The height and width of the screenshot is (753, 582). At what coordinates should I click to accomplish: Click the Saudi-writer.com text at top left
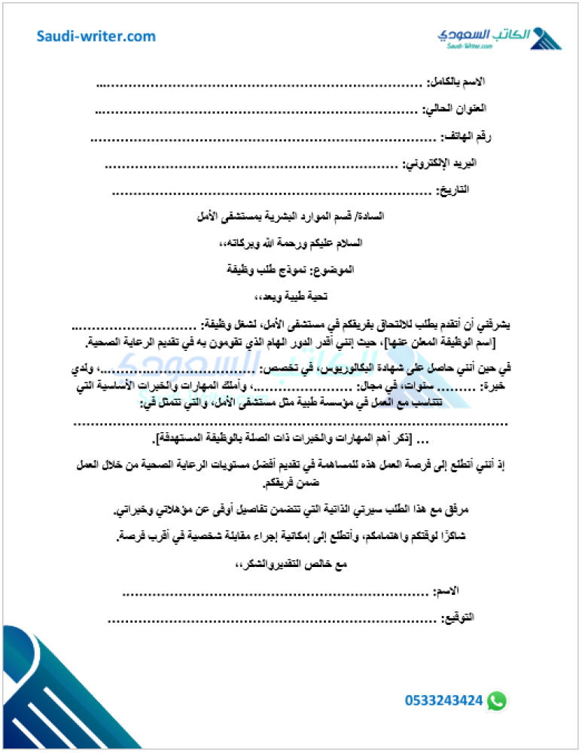click(96, 36)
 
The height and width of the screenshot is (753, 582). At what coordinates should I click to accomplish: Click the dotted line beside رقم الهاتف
click(264, 138)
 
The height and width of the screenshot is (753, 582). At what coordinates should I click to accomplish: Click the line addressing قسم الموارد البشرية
click(291, 216)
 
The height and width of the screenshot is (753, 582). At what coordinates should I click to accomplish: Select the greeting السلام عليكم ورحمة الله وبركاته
click(291, 242)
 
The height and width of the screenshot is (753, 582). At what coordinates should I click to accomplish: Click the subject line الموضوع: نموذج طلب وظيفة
click(291, 269)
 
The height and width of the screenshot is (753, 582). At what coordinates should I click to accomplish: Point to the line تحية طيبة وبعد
click(291, 296)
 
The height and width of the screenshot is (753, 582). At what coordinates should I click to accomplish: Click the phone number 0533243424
click(443, 700)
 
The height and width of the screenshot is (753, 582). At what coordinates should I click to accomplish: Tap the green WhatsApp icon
click(497, 700)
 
